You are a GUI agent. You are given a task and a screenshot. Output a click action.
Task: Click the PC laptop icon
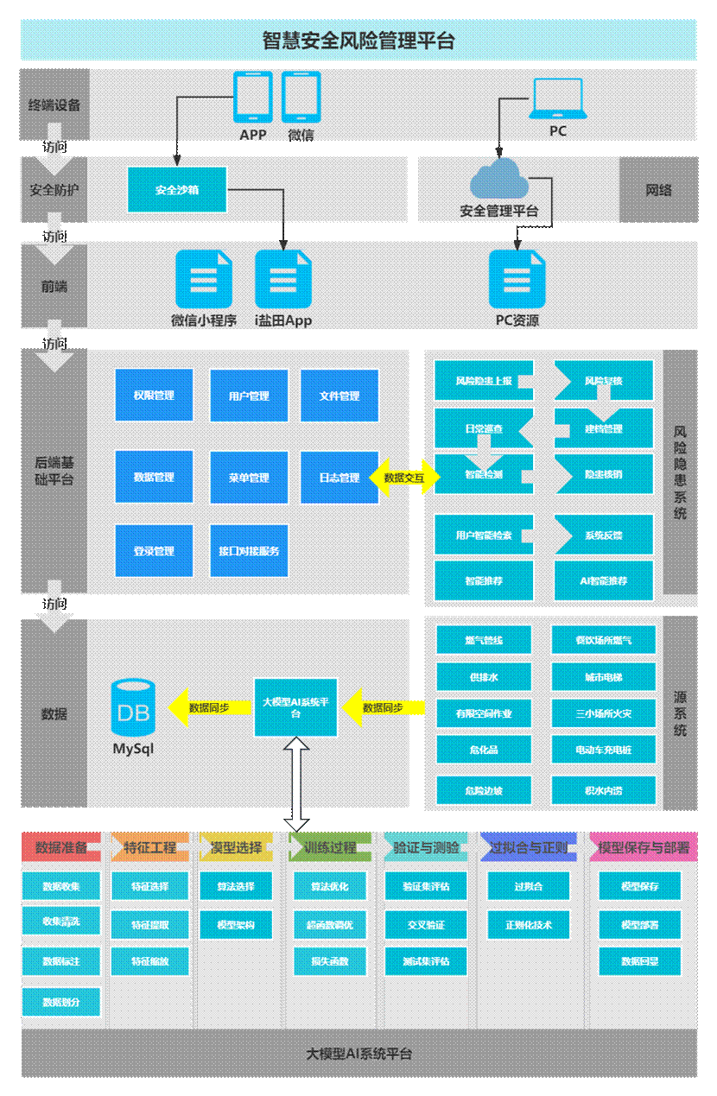(x=558, y=98)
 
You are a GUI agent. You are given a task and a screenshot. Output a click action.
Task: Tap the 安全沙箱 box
(x=177, y=189)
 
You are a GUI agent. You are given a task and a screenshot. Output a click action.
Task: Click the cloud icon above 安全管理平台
(x=499, y=179)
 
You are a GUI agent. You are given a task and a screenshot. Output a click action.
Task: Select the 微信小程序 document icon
(x=204, y=279)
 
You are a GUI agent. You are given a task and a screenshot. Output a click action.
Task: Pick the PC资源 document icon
(x=517, y=279)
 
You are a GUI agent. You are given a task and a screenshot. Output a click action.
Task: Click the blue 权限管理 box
(x=154, y=396)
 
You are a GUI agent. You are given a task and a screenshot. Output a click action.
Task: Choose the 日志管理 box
(x=339, y=478)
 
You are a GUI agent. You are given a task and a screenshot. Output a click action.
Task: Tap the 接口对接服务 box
(x=249, y=551)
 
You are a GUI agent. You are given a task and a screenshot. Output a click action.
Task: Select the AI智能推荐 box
(x=604, y=581)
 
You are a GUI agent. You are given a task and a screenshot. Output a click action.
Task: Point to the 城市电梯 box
(x=603, y=677)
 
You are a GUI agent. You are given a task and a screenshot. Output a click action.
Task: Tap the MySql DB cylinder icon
(x=133, y=706)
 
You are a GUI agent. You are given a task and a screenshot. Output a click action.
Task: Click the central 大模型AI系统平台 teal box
(x=295, y=707)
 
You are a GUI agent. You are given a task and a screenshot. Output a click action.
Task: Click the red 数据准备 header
(x=61, y=847)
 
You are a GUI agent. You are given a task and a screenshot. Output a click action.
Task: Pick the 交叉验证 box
(x=426, y=924)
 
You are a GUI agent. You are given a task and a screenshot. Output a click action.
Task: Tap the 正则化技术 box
(x=529, y=924)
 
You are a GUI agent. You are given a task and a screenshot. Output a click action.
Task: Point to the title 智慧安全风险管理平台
(x=358, y=41)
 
